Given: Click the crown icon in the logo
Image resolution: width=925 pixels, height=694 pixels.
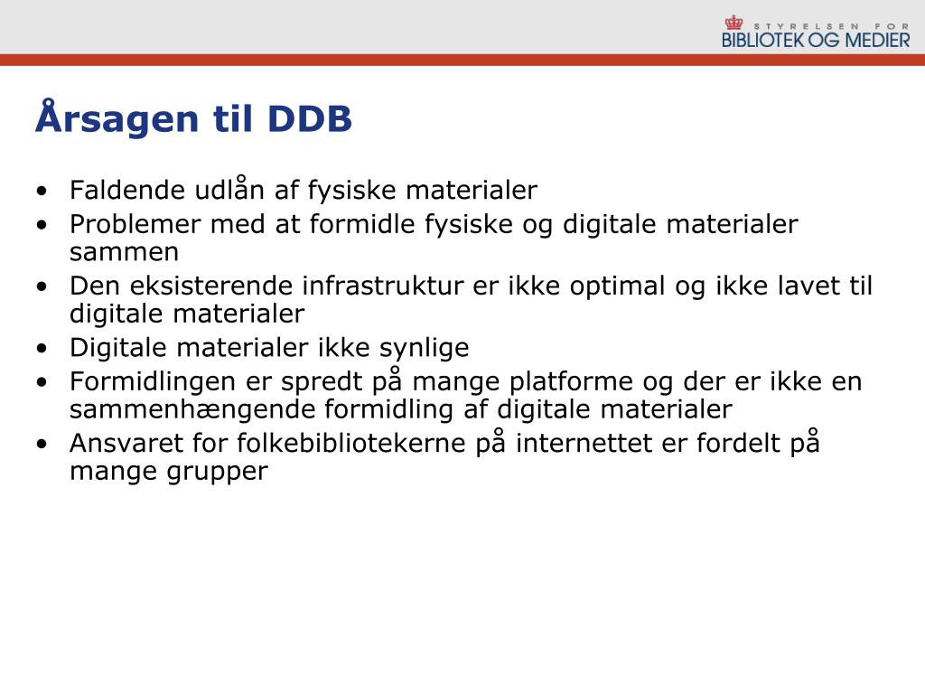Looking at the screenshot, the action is click(733, 23).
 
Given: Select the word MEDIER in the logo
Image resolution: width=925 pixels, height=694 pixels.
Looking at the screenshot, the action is click(878, 40).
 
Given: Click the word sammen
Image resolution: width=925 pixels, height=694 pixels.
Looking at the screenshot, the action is click(124, 253).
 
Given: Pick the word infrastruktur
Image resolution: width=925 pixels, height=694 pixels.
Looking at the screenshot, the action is click(383, 286).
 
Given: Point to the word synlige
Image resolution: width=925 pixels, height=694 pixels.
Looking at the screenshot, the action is click(425, 349).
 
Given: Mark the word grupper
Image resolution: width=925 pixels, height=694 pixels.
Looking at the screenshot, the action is click(218, 473).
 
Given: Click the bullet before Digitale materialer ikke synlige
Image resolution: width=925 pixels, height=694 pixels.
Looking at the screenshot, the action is click(42, 348).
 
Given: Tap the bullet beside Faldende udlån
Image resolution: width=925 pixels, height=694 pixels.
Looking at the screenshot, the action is click(42, 191).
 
